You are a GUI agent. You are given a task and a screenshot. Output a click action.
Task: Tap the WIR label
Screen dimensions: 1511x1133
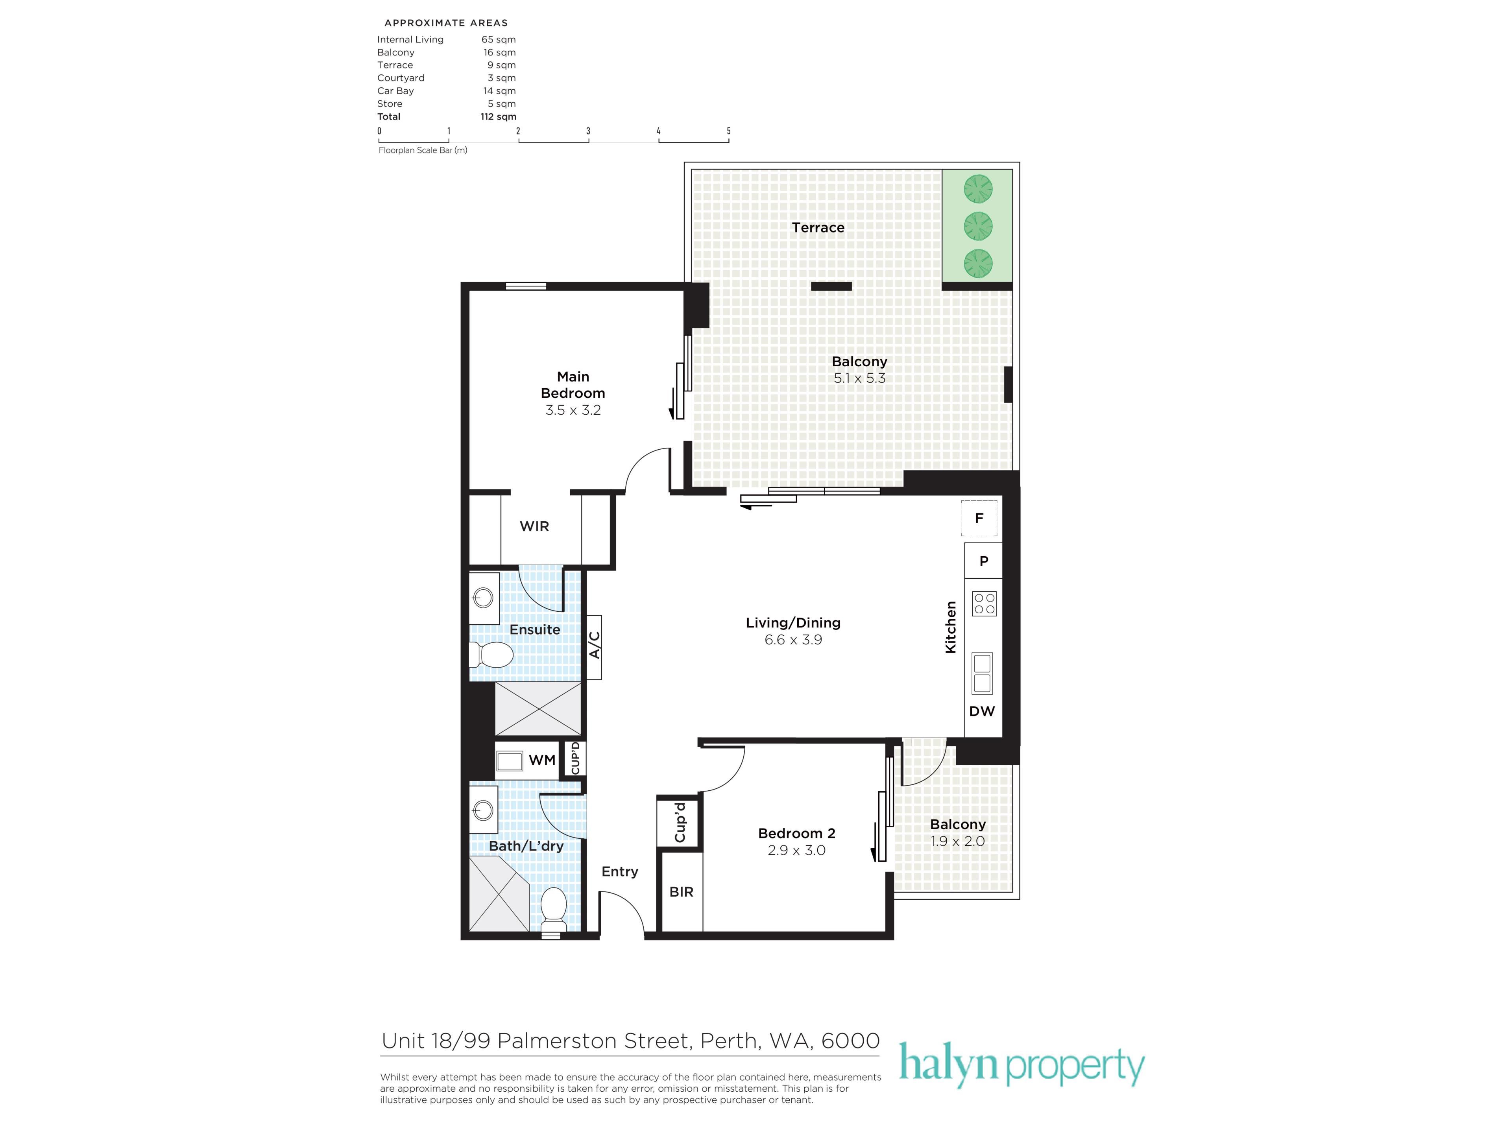(x=534, y=526)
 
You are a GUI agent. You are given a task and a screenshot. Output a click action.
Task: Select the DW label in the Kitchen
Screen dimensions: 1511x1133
(x=982, y=711)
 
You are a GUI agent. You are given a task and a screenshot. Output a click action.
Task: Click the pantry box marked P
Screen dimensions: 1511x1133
(x=984, y=561)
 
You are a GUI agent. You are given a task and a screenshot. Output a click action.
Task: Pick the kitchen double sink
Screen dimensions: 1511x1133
(x=982, y=674)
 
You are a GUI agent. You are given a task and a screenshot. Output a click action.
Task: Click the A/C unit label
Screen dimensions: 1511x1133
(x=594, y=646)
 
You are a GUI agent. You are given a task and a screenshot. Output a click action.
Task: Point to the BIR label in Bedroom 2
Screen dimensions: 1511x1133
(x=681, y=892)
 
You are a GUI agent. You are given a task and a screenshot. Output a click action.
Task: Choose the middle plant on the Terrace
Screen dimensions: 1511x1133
(x=978, y=226)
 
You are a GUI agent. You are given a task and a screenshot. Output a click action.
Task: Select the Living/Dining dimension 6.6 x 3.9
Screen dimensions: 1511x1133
(x=793, y=640)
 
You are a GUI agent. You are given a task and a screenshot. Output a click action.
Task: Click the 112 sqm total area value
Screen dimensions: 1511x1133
(x=498, y=117)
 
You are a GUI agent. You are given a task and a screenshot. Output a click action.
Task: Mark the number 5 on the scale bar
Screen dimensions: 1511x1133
(x=729, y=131)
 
